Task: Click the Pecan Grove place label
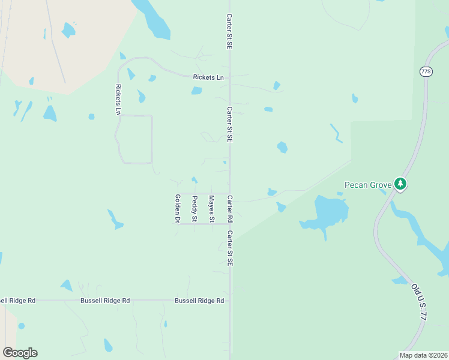click(368, 184)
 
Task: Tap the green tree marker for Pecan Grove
click(400, 184)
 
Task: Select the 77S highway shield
click(426, 71)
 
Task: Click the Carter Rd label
click(229, 209)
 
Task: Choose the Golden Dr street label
click(177, 209)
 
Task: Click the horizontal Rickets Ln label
click(208, 77)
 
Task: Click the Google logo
click(20, 353)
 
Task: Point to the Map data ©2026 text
click(423, 355)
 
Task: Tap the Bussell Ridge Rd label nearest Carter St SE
click(199, 300)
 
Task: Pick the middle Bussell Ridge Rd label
click(105, 300)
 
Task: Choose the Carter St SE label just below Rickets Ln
click(229, 124)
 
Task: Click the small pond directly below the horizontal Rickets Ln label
click(196, 91)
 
